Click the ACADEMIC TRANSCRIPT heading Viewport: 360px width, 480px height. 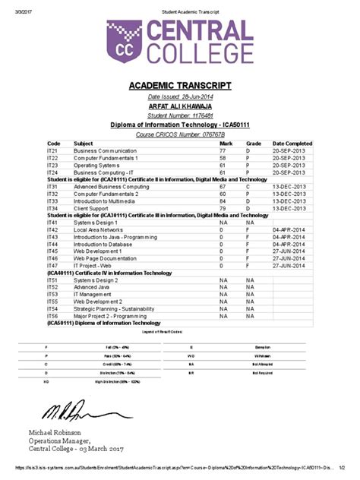click(179, 85)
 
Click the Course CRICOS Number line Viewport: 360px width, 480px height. click(180, 134)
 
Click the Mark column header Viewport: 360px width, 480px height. click(226, 143)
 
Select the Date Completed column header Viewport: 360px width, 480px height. click(292, 143)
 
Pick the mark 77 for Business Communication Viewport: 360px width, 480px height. click(223, 151)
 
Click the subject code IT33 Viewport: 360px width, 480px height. click(52, 201)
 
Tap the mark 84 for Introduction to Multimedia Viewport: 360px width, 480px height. click(223, 201)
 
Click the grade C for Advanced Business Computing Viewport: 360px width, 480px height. click(248, 186)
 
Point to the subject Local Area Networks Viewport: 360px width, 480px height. click(98, 229)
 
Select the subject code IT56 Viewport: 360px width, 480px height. click(52, 316)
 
